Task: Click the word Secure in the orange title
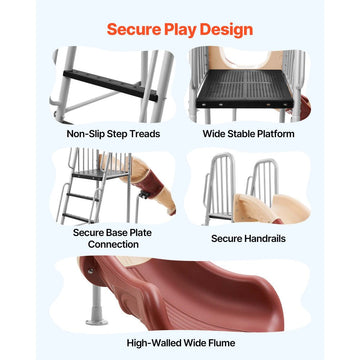(133, 29)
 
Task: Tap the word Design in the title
(227, 30)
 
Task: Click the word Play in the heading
(180, 30)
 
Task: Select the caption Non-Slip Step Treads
(113, 134)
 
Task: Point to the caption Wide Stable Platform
(249, 134)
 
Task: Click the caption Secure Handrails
(249, 238)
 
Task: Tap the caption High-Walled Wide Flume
(181, 343)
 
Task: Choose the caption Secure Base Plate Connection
(112, 238)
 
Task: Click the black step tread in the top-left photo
(111, 86)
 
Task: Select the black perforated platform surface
(245, 89)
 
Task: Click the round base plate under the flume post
(97, 322)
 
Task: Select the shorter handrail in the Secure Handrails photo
(263, 183)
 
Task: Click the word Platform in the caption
(276, 134)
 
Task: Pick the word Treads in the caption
(145, 134)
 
